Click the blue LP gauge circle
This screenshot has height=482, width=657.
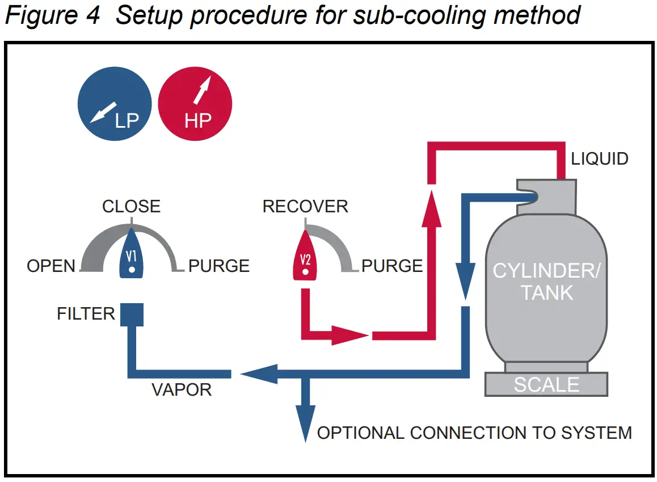pyautogui.click(x=115, y=103)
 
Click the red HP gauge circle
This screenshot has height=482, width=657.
pyautogui.click(x=195, y=103)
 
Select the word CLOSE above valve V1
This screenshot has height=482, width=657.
pyautogui.click(x=131, y=206)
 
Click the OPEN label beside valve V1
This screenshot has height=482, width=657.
pyautogui.click(x=51, y=266)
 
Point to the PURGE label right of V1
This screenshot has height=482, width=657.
pyautogui.click(x=219, y=266)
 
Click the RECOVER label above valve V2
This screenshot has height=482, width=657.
pyautogui.click(x=305, y=206)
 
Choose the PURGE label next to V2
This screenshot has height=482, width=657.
pyautogui.click(x=392, y=266)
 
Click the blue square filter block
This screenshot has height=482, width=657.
pyautogui.click(x=132, y=315)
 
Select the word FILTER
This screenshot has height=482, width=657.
pyautogui.click(x=86, y=313)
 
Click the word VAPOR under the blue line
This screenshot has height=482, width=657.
pyautogui.click(x=182, y=390)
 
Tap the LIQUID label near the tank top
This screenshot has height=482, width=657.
pyautogui.click(x=599, y=158)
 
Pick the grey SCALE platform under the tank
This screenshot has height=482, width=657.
pyautogui.click(x=546, y=384)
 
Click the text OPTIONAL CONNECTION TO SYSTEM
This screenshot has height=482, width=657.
pyautogui.click(x=474, y=433)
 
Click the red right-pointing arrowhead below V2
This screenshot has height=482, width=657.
pyautogui.click(x=348, y=336)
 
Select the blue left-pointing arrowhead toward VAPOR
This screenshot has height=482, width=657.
pyautogui.click(x=258, y=374)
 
